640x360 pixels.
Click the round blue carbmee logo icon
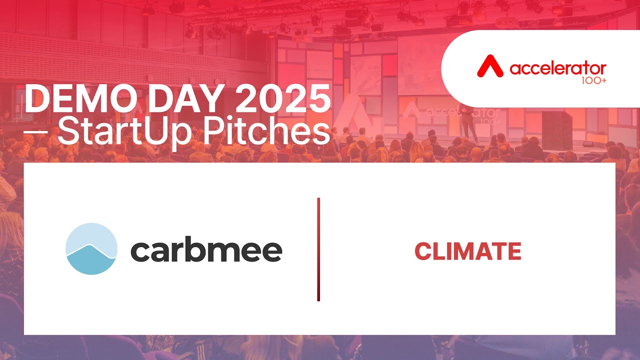click(91, 248)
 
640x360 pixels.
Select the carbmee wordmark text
click(206, 250)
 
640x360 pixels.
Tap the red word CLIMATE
click(467, 251)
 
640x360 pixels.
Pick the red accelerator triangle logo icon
click(490, 66)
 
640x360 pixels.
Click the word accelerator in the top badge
click(558, 68)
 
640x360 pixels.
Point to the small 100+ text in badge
click(594, 79)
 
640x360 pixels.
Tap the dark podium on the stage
click(556, 130)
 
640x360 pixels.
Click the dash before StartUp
click(34, 131)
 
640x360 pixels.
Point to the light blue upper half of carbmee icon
click(91, 235)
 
